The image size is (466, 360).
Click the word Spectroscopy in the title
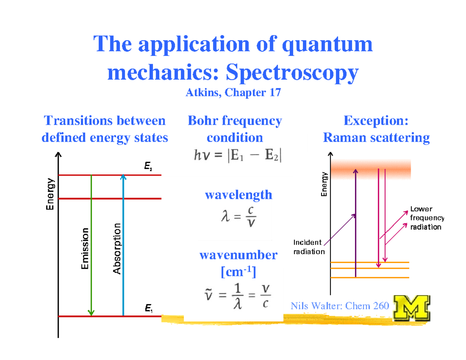[x=292, y=73]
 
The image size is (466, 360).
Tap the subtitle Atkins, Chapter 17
[x=233, y=93]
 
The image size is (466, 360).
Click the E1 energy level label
[x=148, y=309]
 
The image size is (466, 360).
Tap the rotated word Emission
[x=85, y=249]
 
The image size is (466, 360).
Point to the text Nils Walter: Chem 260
[x=340, y=306]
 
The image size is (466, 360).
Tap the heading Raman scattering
[x=376, y=137]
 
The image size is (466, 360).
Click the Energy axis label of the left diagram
[x=50, y=194]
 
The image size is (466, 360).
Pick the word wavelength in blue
[x=238, y=195]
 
